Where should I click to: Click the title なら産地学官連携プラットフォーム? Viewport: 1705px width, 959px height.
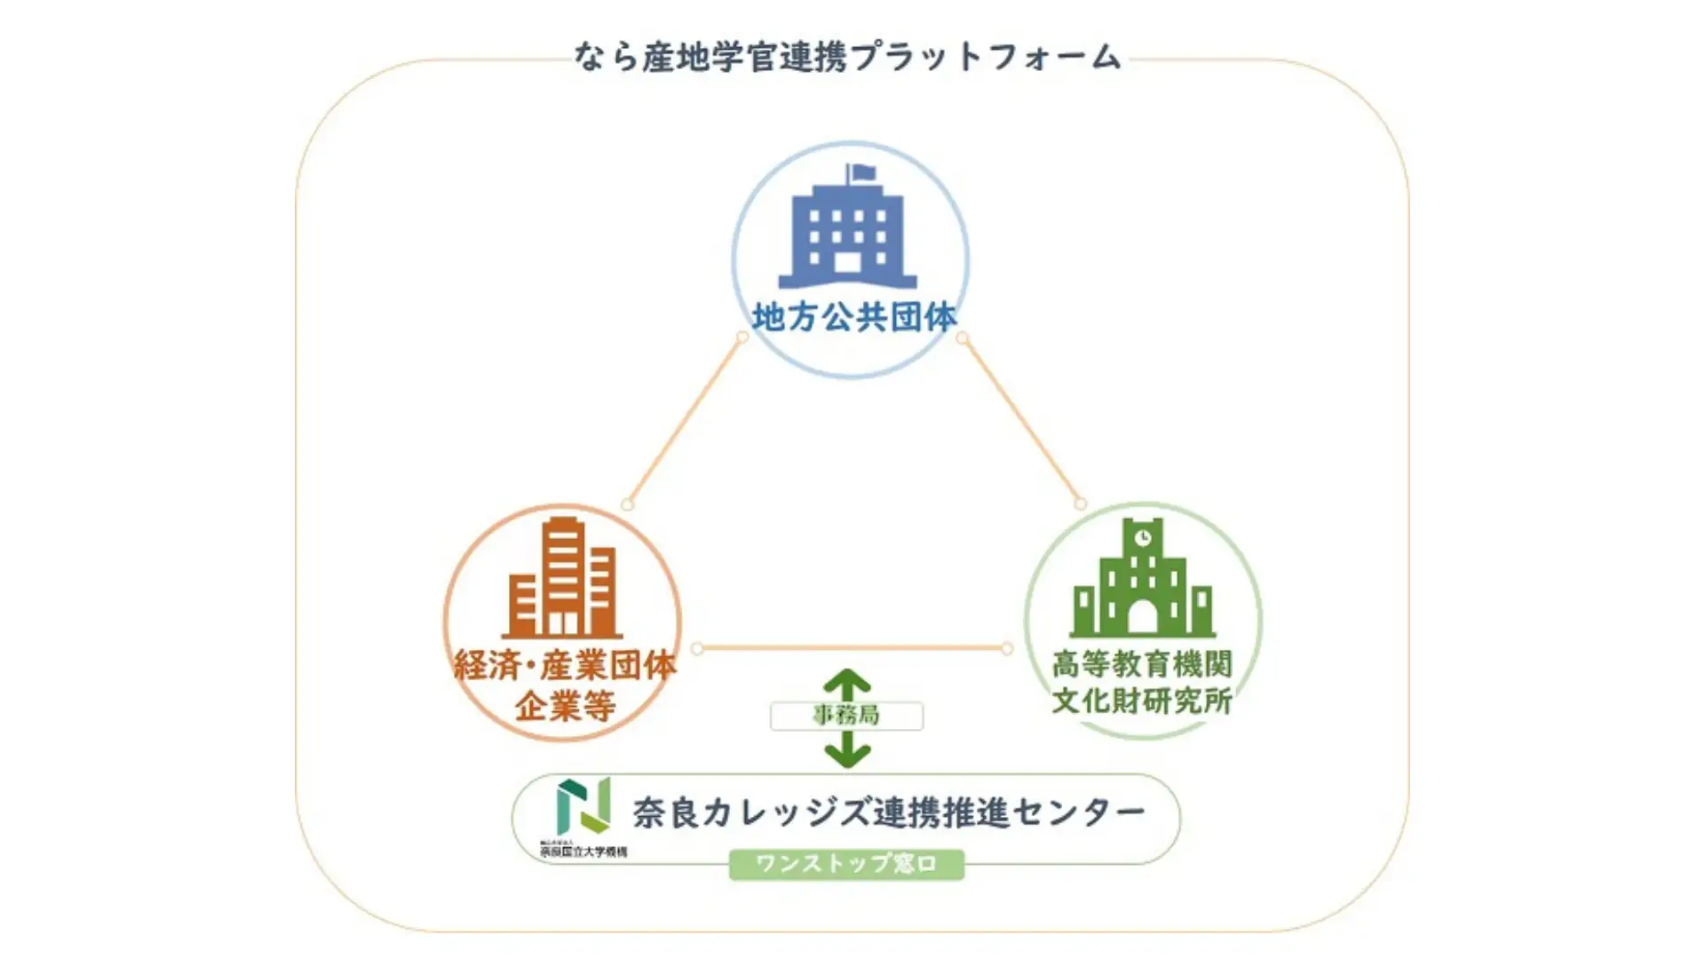(x=848, y=57)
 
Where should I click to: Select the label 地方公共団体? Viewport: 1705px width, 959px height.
(x=854, y=317)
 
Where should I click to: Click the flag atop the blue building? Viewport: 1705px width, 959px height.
(x=862, y=172)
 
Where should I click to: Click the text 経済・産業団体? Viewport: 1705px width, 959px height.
(x=565, y=665)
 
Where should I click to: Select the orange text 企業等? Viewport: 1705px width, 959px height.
(x=565, y=707)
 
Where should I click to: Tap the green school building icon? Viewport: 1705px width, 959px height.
(x=1142, y=582)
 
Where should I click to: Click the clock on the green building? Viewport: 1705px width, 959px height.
(x=1143, y=538)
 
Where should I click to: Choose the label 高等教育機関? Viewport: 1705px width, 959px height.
(x=1142, y=663)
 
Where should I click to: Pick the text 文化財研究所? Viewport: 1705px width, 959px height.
(x=1142, y=701)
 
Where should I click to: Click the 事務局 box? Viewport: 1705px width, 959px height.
(x=846, y=716)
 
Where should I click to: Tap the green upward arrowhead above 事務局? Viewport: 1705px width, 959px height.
(x=847, y=683)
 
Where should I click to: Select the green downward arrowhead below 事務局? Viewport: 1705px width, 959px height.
(x=847, y=754)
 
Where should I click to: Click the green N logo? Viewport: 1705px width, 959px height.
(x=583, y=805)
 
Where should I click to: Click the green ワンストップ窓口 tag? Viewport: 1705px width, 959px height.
(x=846, y=864)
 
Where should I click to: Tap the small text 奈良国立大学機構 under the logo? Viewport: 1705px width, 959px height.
(x=583, y=852)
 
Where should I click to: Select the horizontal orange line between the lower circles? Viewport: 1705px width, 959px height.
(x=852, y=648)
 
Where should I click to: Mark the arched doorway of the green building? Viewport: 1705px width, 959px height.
(x=1143, y=617)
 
